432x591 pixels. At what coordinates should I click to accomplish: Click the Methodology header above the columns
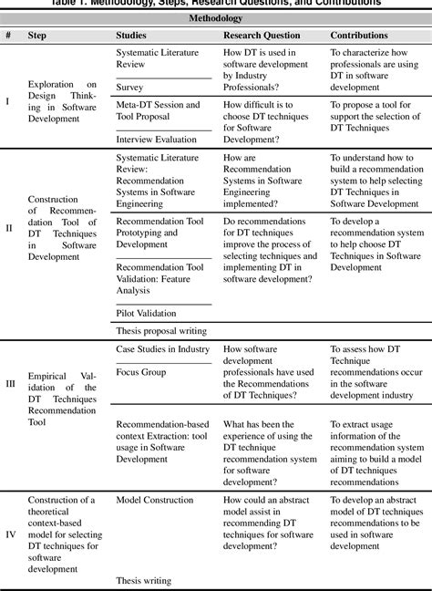click(x=215, y=17)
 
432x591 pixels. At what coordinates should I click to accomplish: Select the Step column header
click(x=39, y=35)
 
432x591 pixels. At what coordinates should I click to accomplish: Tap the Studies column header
click(x=135, y=35)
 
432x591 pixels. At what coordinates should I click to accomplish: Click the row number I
click(x=8, y=100)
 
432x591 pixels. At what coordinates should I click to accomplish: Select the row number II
click(x=9, y=227)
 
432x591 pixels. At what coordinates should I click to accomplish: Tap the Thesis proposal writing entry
click(x=161, y=330)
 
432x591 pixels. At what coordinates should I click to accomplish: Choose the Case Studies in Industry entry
click(x=162, y=349)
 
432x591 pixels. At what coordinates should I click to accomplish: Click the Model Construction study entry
click(x=155, y=500)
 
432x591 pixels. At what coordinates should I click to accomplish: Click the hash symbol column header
click(x=8, y=35)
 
